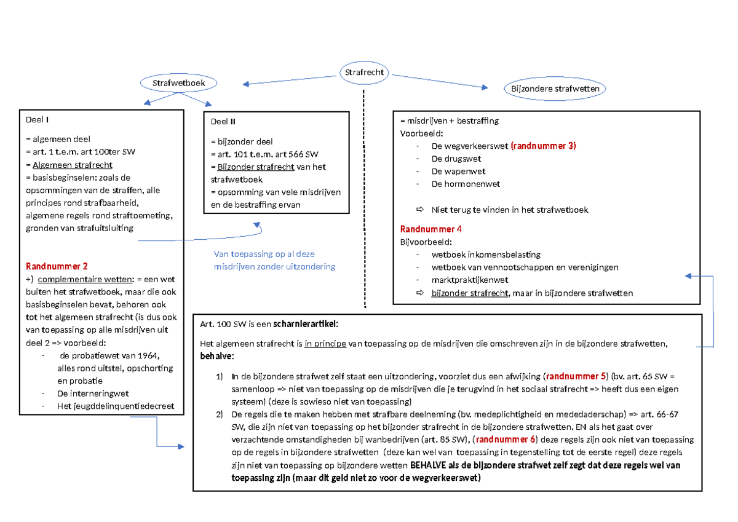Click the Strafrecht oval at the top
point(364,73)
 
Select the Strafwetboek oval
point(179,82)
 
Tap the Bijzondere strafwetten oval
point(555,89)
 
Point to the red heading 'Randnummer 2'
point(57,266)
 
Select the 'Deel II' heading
point(224,121)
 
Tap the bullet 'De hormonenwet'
point(466,184)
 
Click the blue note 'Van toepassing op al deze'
point(264,254)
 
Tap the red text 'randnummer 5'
point(576,376)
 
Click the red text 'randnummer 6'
point(506,440)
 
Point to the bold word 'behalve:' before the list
point(217,357)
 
